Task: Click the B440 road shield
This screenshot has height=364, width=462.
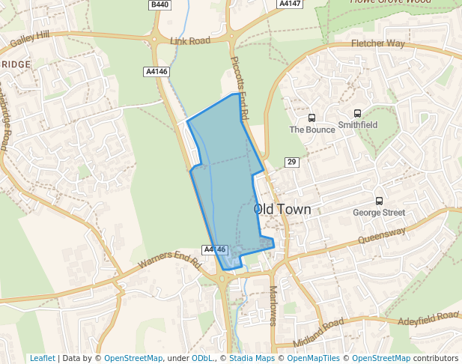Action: [x=159, y=4]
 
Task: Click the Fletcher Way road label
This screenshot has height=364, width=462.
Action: [x=378, y=44]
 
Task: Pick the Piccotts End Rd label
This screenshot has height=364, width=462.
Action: [x=239, y=88]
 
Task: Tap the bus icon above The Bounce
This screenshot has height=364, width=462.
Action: [x=311, y=118]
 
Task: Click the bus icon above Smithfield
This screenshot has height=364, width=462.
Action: [x=357, y=113]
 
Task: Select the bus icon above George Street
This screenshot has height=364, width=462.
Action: [x=379, y=201]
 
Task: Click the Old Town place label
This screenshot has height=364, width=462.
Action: [x=282, y=210]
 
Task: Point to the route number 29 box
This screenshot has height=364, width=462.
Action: [x=292, y=163]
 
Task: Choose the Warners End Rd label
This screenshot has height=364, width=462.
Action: [x=171, y=264]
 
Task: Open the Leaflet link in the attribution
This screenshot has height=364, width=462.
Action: [x=42, y=358]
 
